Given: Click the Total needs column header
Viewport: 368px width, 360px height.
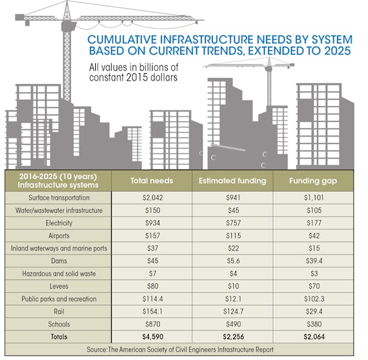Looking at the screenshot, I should [151, 181].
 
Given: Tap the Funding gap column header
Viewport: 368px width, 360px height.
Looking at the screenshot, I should [313, 181].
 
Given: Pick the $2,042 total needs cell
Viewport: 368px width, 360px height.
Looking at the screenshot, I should [151, 198].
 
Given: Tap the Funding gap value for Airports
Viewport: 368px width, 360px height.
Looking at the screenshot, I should [313, 236].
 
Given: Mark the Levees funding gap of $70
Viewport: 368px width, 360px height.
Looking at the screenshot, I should [313, 286].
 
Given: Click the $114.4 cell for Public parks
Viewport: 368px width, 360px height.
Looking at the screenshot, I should [151, 298].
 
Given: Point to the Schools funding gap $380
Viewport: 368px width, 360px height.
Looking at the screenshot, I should [313, 323].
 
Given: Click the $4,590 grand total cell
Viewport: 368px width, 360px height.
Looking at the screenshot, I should [151, 336].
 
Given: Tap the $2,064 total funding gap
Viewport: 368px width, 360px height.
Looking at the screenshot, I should [313, 336].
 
